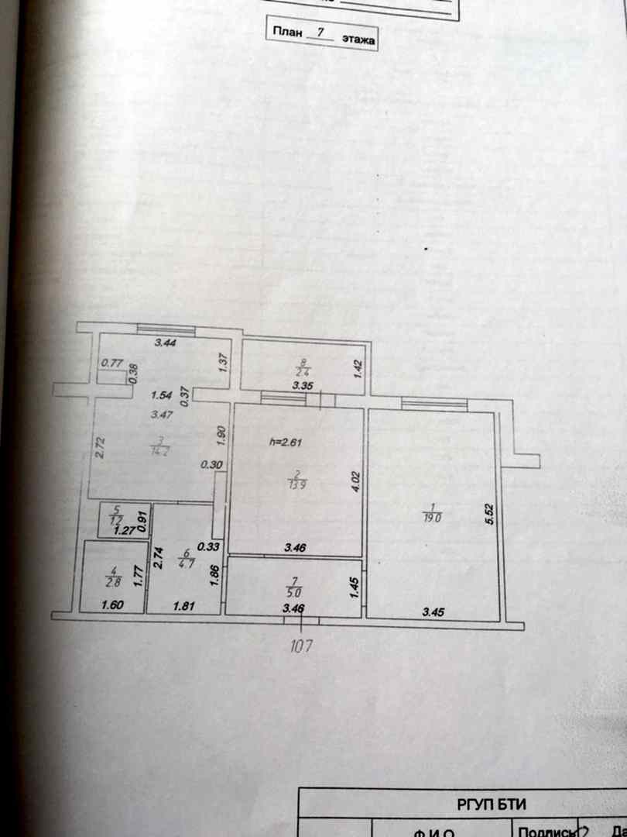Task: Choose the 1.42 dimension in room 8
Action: pyautogui.click(x=358, y=369)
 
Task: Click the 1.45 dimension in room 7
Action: pyautogui.click(x=354, y=587)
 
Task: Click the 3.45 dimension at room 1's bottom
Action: pyautogui.click(x=433, y=611)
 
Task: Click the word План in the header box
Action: pyautogui.click(x=286, y=34)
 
